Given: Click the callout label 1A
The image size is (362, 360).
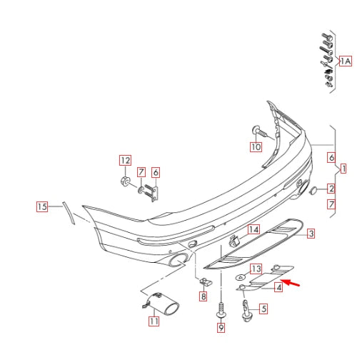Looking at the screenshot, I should coord(345,62).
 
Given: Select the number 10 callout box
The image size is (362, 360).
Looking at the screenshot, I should coord(256,147).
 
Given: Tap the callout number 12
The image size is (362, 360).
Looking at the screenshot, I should coord(125,160).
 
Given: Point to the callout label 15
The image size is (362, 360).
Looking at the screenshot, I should coord(43,207).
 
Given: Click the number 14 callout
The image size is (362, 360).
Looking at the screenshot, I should coord(253,229).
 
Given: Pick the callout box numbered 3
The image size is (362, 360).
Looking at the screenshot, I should coord(311,234).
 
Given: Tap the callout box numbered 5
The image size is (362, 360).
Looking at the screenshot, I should coord(263,309).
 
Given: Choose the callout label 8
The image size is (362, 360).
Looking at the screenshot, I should coord(203,296).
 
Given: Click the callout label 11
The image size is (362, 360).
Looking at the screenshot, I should coord(154,321).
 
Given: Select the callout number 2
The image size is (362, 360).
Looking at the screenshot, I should coord(331,189).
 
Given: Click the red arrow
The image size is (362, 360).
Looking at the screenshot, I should coord(291,286).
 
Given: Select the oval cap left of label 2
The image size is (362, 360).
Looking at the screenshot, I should coord(313,190).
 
